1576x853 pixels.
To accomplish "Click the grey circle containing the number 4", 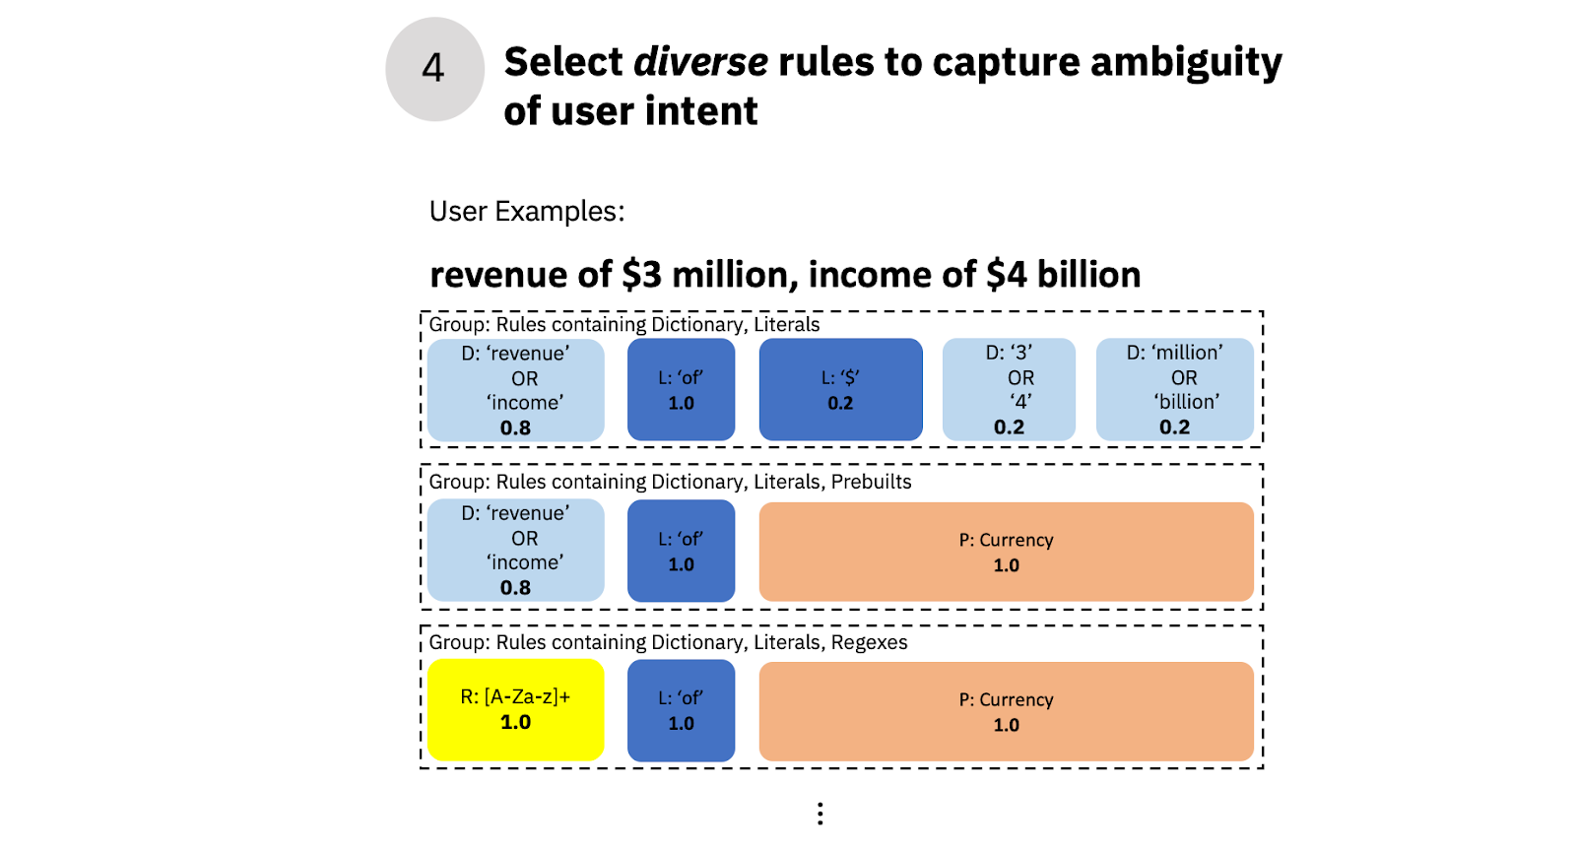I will pyautogui.click(x=434, y=69).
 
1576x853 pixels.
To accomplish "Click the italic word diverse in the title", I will pyautogui.click(x=700, y=62).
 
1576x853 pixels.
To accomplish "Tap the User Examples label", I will pyautogui.click(x=527, y=212).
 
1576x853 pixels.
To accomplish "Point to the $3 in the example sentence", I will pyautogui.click(x=641, y=275).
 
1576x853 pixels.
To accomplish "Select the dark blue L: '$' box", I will pyautogui.click(x=840, y=389).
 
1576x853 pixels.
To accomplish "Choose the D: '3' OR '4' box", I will pyautogui.click(x=1009, y=389).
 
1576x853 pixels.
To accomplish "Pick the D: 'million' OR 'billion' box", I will pyautogui.click(x=1174, y=389).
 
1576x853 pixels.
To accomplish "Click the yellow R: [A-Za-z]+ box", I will pyautogui.click(x=515, y=709).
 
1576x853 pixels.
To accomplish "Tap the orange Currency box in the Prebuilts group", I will pyautogui.click(x=1006, y=552).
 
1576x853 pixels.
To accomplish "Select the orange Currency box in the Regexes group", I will pyautogui.click(x=1006, y=711).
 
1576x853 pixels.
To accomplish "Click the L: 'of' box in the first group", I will pyautogui.click(x=681, y=389).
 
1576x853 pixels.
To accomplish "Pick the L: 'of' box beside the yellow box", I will pyautogui.click(x=681, y=710).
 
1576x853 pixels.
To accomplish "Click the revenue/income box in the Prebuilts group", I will pyautogui.click(x=515, y=551).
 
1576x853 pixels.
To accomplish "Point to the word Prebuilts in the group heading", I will pyautogui.click(x=871, y=482).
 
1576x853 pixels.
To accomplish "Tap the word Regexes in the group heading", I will pyautogui.click(x=869, y=642).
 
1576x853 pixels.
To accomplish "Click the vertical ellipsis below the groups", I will pyautogui.click(x=820, y=813).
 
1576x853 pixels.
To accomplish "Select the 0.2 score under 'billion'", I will pyautogui.click(x=1174, y=427).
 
